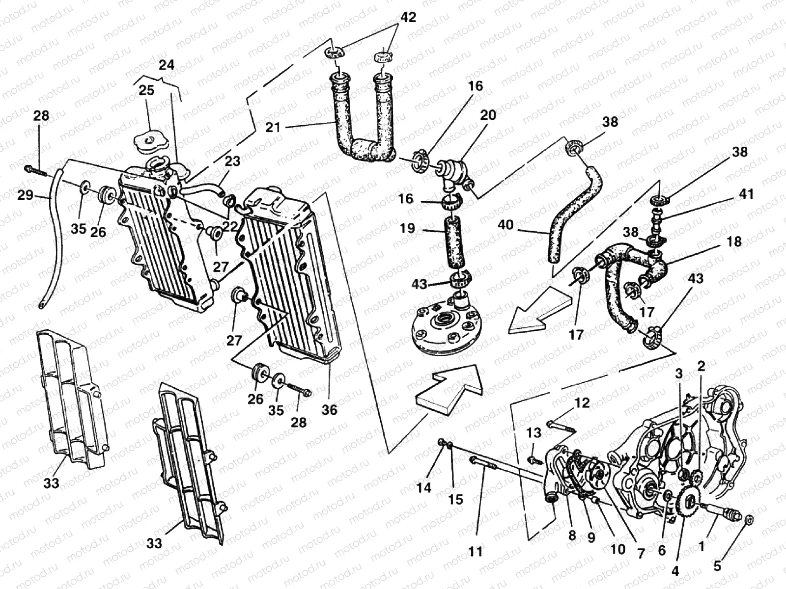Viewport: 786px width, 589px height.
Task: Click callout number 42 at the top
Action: pos(407,18)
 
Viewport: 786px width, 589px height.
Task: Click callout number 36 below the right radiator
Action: pos(330,409)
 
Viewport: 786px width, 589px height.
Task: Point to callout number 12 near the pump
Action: pos(582,403)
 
